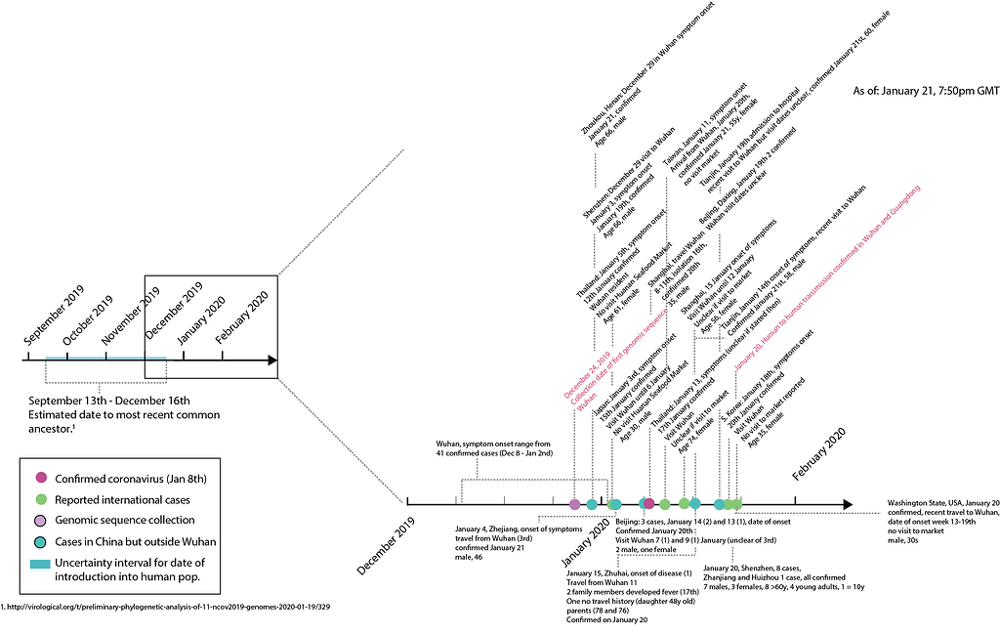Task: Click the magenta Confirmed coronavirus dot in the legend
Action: coord(40,478)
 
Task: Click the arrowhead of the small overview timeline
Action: coord(272,360)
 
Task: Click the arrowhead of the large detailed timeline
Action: coord(846,504)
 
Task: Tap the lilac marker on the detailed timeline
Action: coord(574,504)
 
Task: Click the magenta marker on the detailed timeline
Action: coord(648,504)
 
